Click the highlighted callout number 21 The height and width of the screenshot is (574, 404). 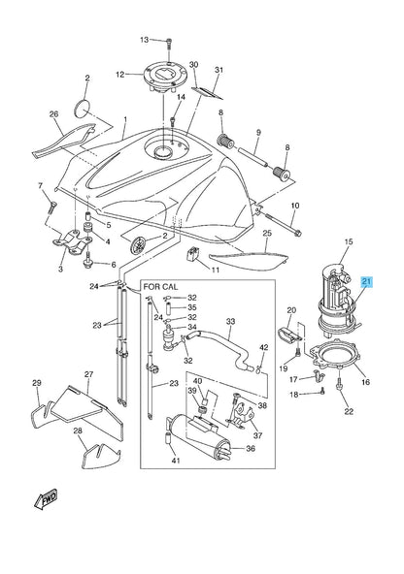366,282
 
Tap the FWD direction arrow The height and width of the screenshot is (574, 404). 47,498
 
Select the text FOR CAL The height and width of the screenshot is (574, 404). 160,286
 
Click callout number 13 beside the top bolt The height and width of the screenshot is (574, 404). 144,40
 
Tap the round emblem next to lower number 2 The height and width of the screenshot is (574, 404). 139,245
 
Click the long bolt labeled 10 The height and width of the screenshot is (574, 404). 282,223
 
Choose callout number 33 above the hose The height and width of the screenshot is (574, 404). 230,322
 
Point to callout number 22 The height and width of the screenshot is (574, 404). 349,411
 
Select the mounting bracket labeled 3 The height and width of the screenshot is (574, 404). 72,242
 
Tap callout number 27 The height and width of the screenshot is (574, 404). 88,374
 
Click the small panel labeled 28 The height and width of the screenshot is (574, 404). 101,456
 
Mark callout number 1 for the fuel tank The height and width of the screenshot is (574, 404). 125,119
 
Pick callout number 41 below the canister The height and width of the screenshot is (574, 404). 176,461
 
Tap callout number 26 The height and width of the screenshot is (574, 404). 53,114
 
